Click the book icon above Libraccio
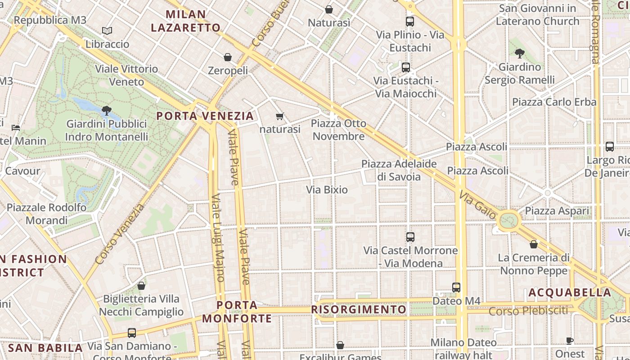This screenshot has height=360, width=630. coord(107,31)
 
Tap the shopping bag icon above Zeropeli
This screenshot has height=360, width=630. coord(228,57)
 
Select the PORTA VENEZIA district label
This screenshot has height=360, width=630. coord(205,116)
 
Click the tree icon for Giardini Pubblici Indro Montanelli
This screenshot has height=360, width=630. coord(106,110)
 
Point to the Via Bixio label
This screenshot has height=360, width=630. coord(327,189)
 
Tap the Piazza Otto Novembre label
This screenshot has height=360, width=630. coord(338,130)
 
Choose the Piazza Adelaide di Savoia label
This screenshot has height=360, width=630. coord(399,170)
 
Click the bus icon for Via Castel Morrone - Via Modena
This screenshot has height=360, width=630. coord(410,237)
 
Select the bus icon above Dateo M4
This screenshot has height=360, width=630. coord(456,287)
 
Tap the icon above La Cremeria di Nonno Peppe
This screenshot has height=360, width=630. coord(533,244)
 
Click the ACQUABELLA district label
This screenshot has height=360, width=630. coord(569,292)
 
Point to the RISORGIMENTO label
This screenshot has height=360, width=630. coord(359,310)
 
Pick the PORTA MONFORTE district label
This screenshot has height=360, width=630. coord(237,312)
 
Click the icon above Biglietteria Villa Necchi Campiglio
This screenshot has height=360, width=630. coord(141,286)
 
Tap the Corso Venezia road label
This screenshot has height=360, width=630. coord(120,234)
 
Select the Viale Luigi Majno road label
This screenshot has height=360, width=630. coord(218,238)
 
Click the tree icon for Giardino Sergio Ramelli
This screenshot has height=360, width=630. coord(519,54)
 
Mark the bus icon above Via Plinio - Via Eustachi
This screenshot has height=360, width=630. coord(409,21)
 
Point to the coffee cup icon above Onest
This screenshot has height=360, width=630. coord(569,341)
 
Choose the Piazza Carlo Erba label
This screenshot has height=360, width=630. coord(554,102)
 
